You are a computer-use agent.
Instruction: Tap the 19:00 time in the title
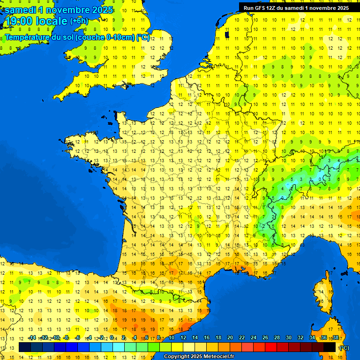point(20,22)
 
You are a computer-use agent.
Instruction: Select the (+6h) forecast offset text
point(79,21)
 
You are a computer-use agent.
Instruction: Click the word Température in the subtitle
point(27,37)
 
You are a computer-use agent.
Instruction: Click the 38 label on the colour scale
point(335,337)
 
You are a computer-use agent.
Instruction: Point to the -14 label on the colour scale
point(32,337)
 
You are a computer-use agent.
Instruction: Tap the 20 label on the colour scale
point(230,337)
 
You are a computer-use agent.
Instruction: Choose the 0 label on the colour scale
point(112,337)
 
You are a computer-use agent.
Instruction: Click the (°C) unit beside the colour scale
point(344,348)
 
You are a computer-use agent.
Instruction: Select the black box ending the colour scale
point(330,347)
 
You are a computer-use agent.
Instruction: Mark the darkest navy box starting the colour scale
point(25,347)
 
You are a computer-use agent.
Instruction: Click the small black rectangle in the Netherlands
point(227,34)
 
